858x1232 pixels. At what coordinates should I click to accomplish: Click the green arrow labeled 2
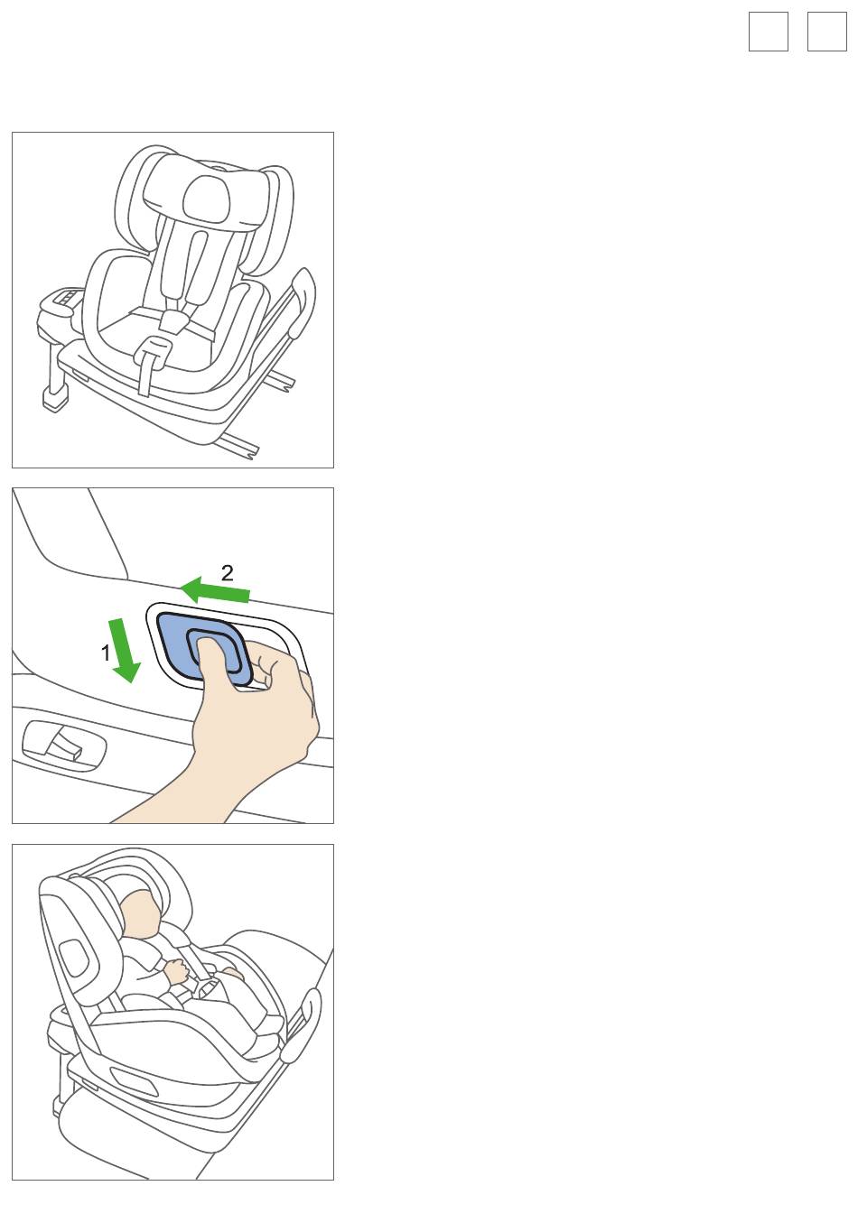pos(215,591)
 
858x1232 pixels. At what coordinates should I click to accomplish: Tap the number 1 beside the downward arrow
pos(106,653)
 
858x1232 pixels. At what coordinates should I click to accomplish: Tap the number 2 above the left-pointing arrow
pos(228,573)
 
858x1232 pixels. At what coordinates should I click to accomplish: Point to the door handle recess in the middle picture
pos(63,746)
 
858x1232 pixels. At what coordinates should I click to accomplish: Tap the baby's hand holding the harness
pos(177,972)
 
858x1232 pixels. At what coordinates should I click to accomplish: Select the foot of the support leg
pos(55,401)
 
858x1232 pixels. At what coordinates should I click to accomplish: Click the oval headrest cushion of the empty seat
pos(206,199)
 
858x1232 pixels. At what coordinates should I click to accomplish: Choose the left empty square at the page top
pos(768,32)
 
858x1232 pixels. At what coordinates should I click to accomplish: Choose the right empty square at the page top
pos(826,32)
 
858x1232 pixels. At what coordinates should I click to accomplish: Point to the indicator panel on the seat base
pos(65,298)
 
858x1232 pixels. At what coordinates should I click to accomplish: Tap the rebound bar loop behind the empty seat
pos(302,301)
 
